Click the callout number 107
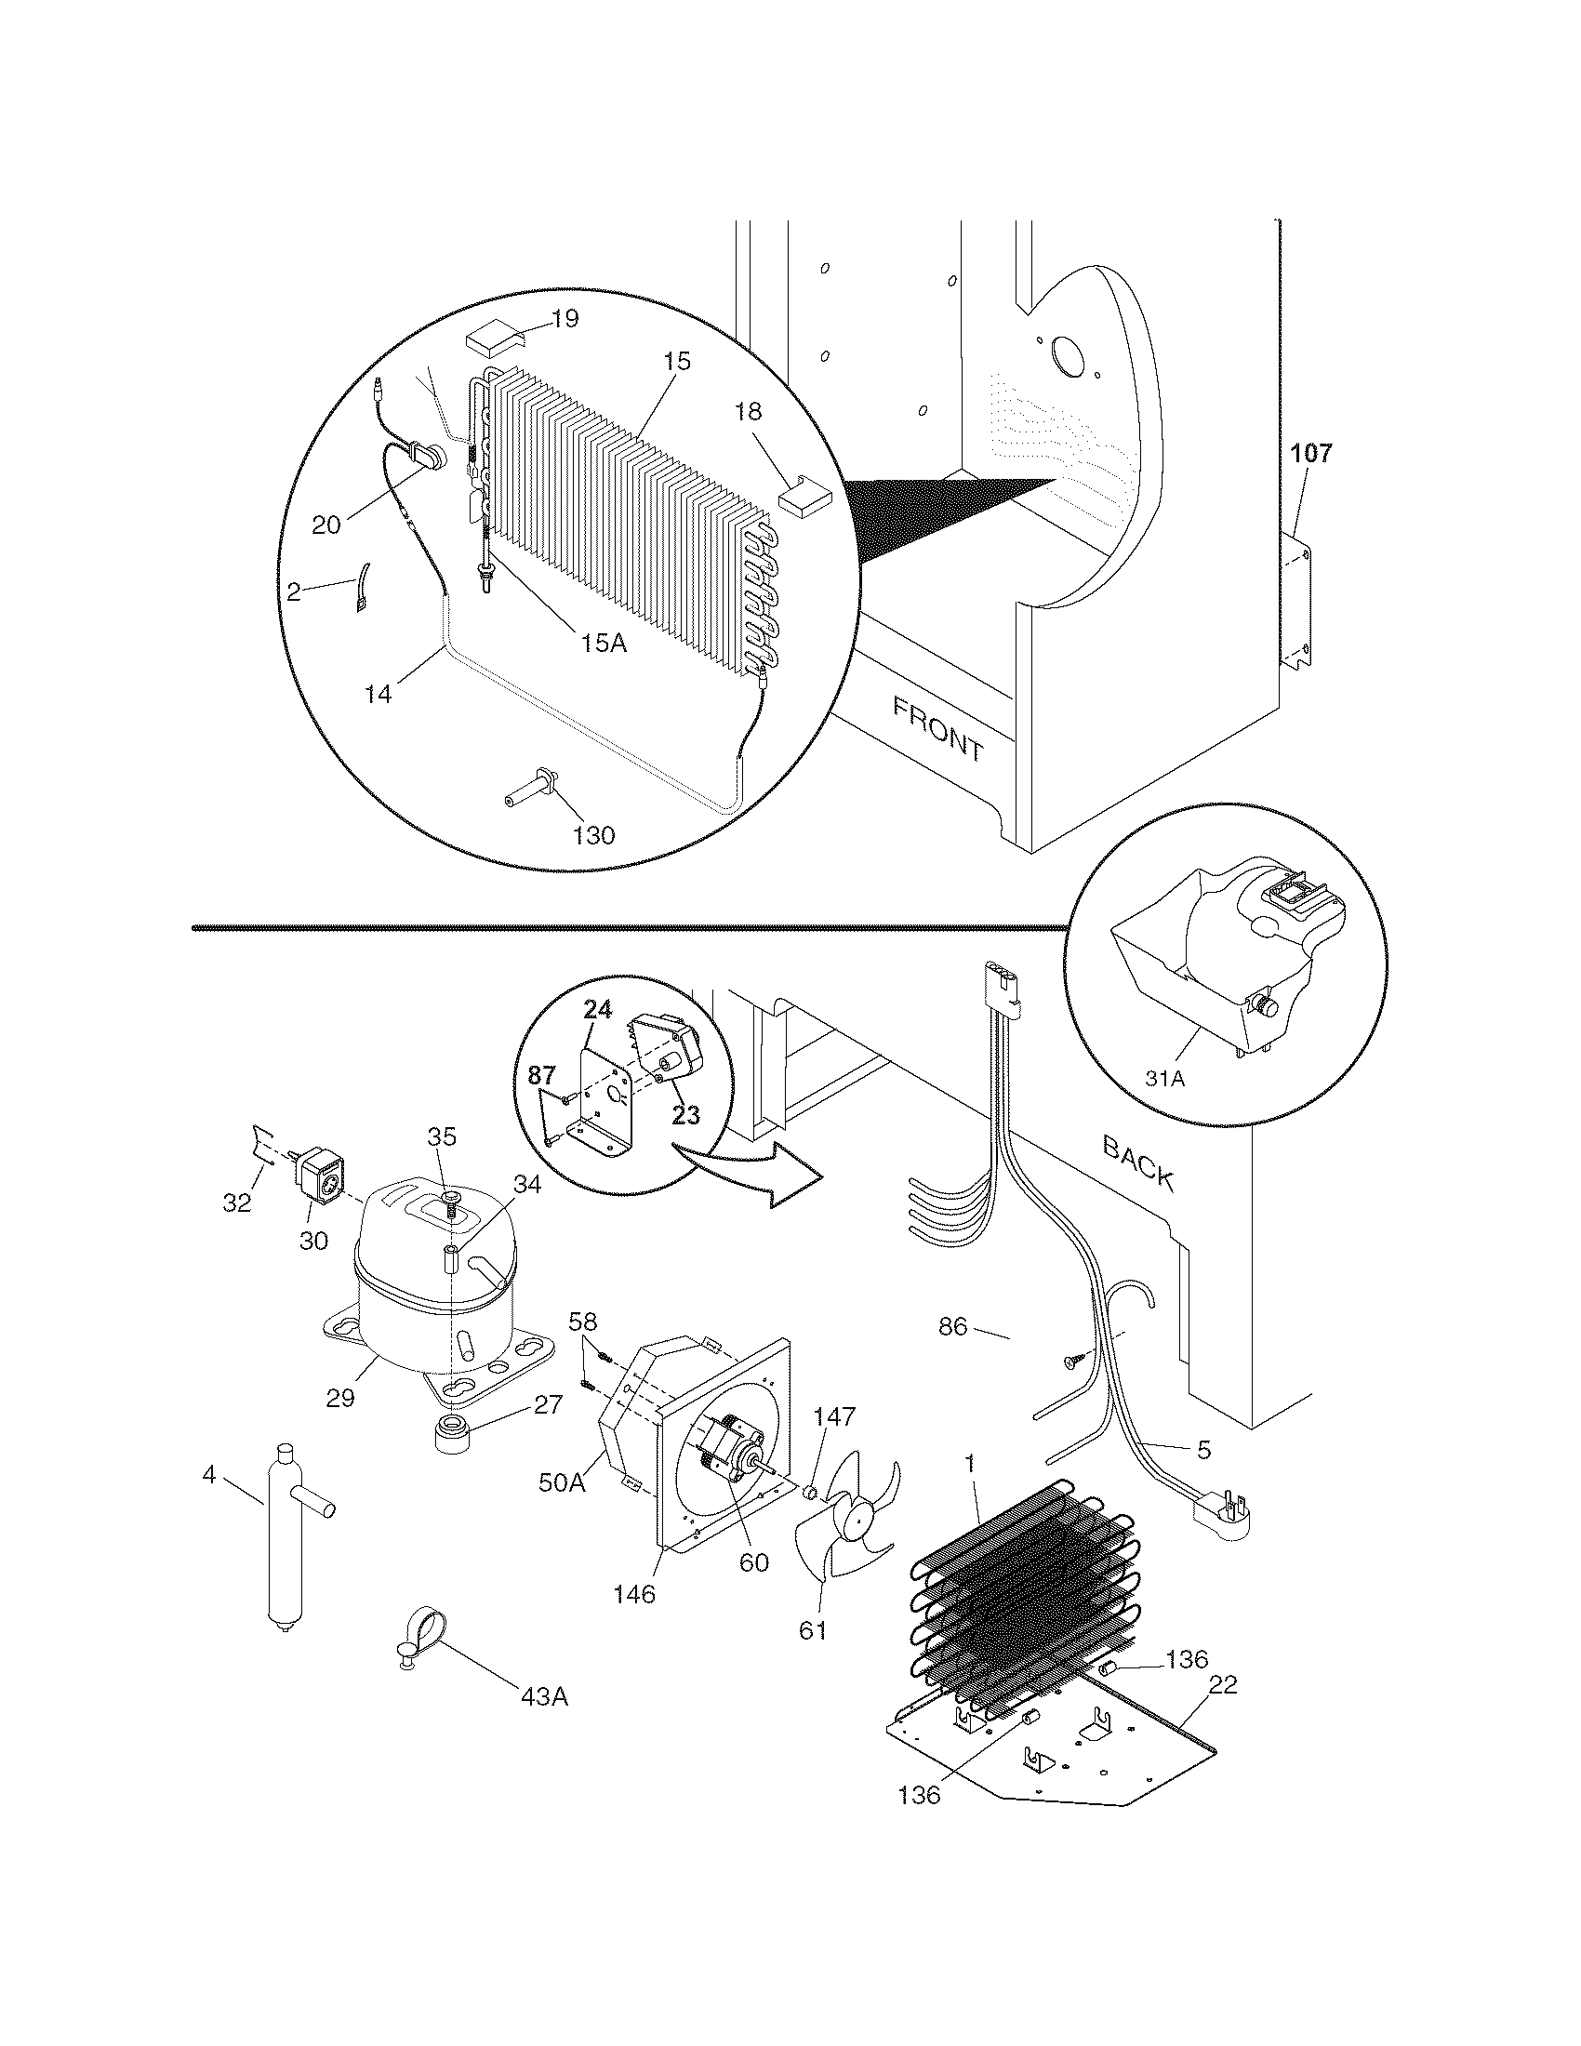pyautogui.click(x=1310, y=455)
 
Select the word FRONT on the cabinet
pyautogui.click(x=937, y=730)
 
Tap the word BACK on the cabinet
pyautogui.click(x=1138, y=1162)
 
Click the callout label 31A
pyautogui.click(x=1164, y=1078)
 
